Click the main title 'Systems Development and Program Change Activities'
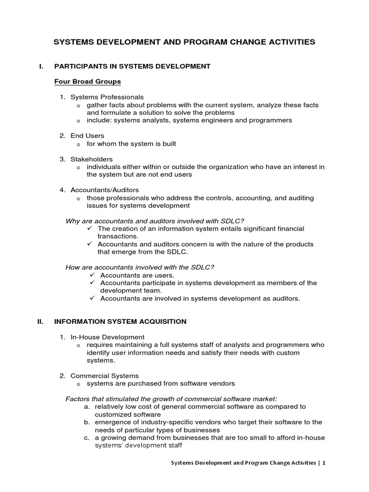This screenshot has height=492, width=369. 184,42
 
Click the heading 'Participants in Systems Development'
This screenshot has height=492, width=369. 132,66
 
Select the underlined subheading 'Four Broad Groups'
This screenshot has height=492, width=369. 87,81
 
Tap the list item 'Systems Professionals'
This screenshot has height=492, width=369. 107,97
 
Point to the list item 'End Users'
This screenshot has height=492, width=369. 87,135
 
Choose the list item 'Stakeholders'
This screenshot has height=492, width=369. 91,159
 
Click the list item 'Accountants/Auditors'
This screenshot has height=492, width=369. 104,190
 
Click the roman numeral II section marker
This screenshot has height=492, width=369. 40,321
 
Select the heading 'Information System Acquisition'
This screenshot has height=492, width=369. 120,321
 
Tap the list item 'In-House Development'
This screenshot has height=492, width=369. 107,337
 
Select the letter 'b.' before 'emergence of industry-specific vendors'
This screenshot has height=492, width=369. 86,422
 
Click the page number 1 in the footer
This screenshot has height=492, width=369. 324,463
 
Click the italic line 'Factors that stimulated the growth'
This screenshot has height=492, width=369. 172,399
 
